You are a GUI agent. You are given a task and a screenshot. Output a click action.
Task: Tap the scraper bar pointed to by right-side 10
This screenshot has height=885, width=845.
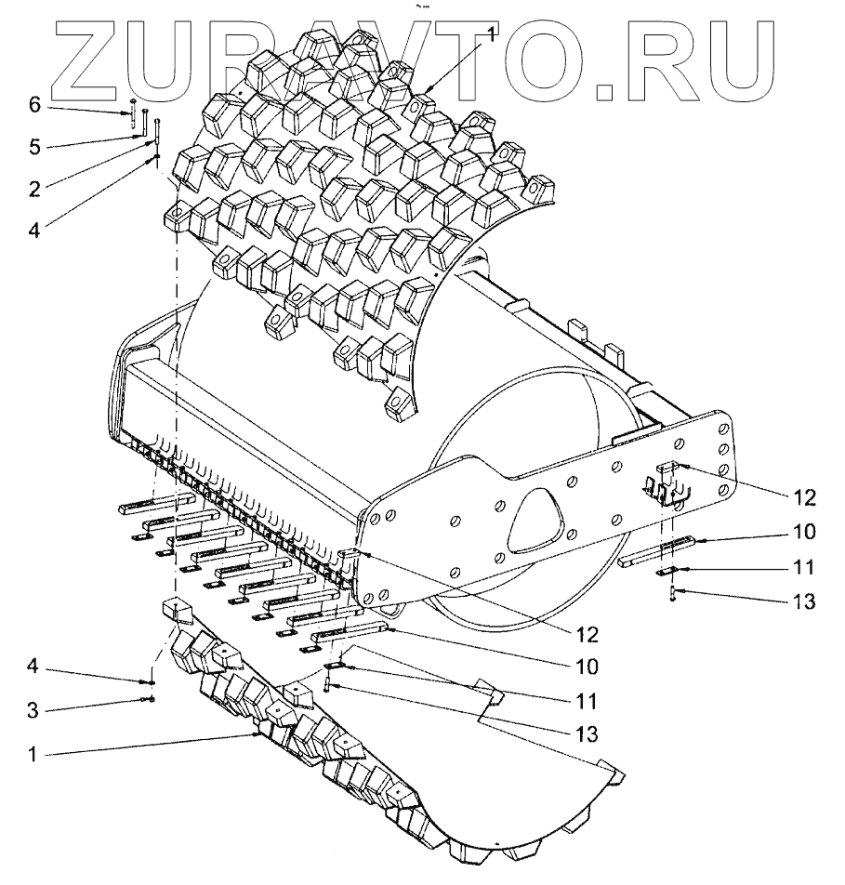(656, 550)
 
